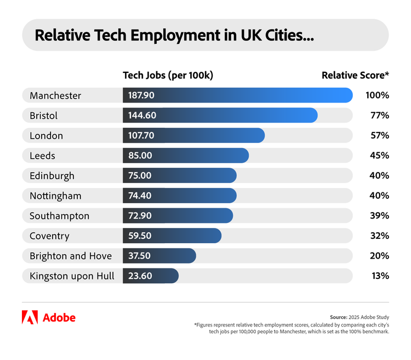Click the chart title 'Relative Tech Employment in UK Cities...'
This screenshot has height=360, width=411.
pos(174,36)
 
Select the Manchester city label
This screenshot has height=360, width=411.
pos(55,95)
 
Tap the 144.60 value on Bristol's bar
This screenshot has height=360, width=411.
pos(142,116)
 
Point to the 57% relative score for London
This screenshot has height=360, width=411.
pos(379,135)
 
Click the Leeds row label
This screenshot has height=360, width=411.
pos(42,156)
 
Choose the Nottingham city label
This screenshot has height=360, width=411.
pos(55,196)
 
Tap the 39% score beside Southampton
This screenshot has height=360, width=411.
pos(379,216)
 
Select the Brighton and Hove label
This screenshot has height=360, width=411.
pos(71,256)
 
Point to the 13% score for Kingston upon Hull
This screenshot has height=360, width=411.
pos(380,276)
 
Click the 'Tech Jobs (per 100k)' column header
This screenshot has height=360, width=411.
pos(168,76)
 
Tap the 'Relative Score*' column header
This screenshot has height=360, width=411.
pos(355,76)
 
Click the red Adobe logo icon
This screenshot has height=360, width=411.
pos(30,317)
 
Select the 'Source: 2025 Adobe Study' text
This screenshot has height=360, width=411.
pos(359,317)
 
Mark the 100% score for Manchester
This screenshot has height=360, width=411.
pos(377,95)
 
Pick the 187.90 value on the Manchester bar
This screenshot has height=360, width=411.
pos(141,95)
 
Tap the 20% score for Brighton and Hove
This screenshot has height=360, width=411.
pos(379,256)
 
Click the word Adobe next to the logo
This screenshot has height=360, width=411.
pos(59,318)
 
